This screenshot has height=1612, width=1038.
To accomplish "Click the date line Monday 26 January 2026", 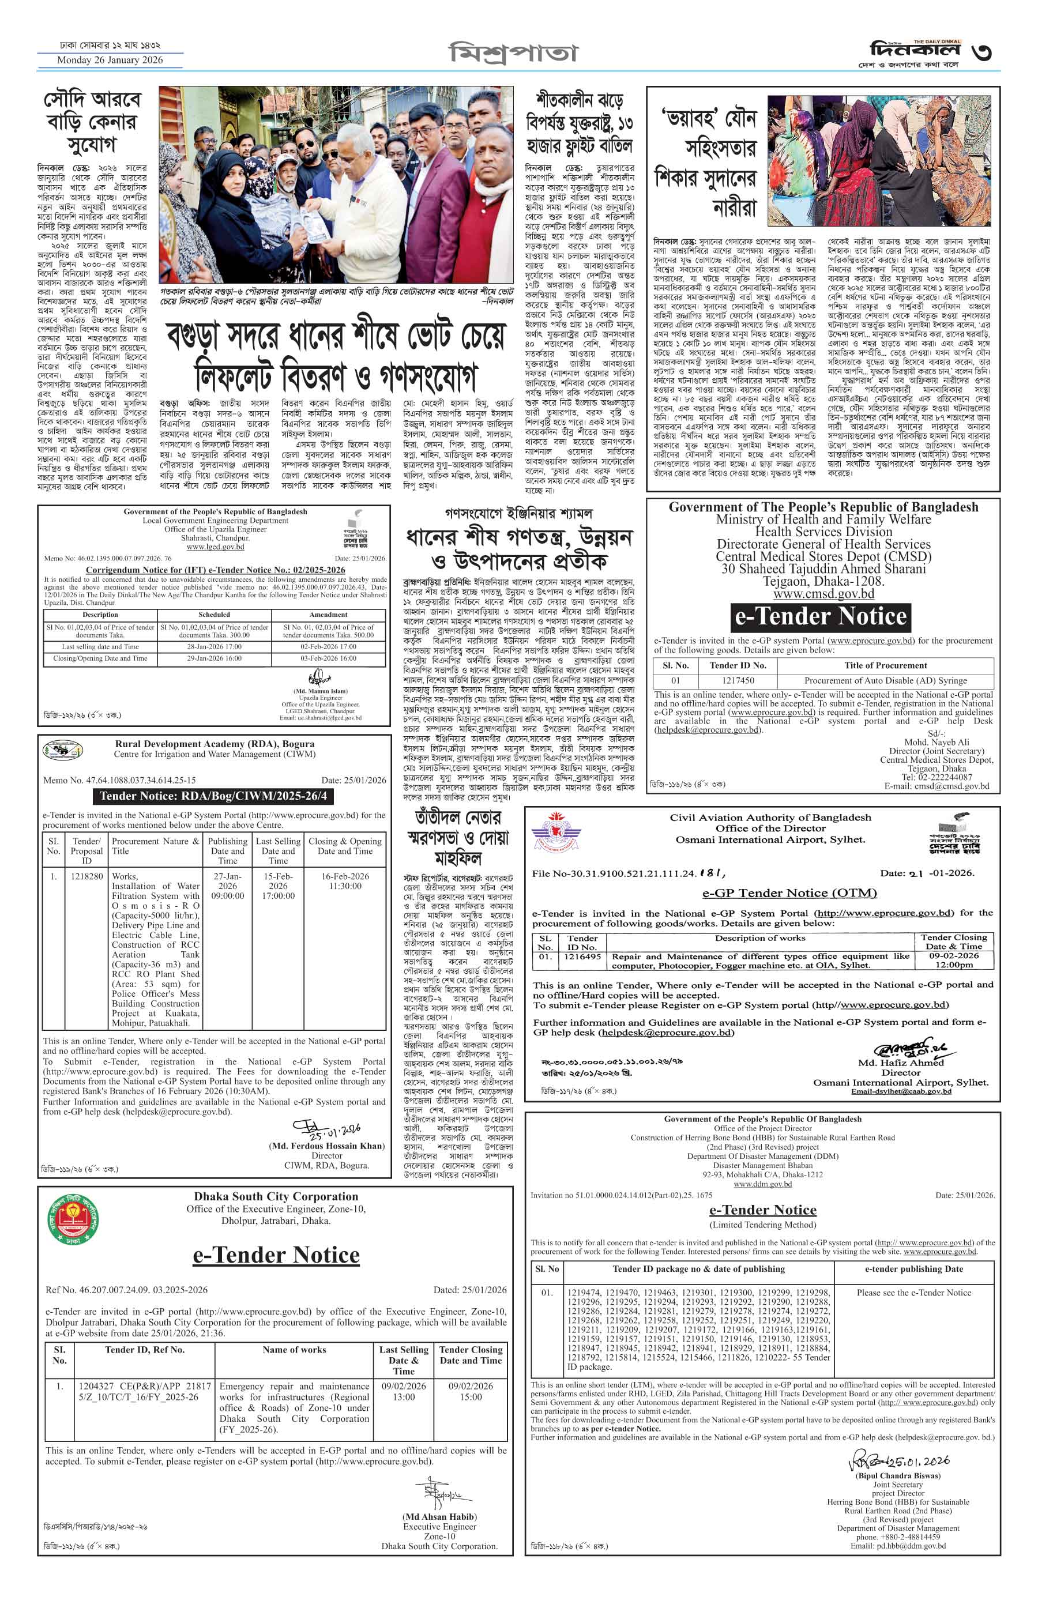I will (x=110, y=60).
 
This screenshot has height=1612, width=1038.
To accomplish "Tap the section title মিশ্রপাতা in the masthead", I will (x=514, y=52).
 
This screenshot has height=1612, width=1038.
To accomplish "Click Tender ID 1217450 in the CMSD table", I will (x=738, y=681).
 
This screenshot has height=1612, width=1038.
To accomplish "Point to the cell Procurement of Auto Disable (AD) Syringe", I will (x=885, y=681).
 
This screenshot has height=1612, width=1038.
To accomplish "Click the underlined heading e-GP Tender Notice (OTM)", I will (x=789, y=893).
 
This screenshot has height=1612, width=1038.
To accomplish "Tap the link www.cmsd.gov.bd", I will (x=823, y=594).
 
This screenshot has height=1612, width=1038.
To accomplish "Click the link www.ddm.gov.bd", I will (x=762, y=1184).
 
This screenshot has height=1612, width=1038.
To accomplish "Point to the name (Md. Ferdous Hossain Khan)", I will (x=326, y=1146).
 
